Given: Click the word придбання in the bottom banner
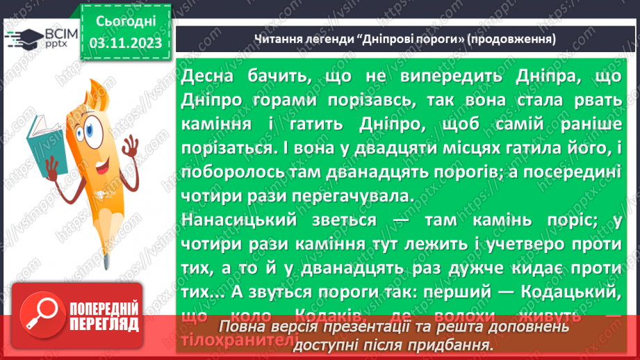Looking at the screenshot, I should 451,344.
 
